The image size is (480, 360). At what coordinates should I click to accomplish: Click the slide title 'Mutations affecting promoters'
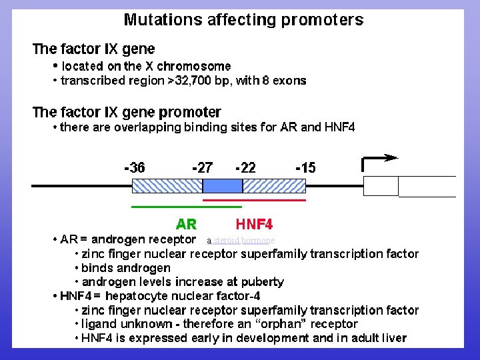tap(243, 19)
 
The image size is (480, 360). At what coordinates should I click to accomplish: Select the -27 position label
tap(202, 168)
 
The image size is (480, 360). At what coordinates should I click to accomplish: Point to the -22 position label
tap(245, 168)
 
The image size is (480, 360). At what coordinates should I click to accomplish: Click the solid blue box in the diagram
tap(222, 185)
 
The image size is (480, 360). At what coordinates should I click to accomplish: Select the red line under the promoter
tap(254, 199)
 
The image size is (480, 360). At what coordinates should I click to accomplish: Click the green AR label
tap(186, 223)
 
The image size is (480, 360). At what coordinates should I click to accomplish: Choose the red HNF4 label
tap(254, 223)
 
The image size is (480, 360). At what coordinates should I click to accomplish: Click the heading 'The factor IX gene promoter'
tap(127, 112)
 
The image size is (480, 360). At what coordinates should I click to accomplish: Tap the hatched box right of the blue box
tap(273, 185)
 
